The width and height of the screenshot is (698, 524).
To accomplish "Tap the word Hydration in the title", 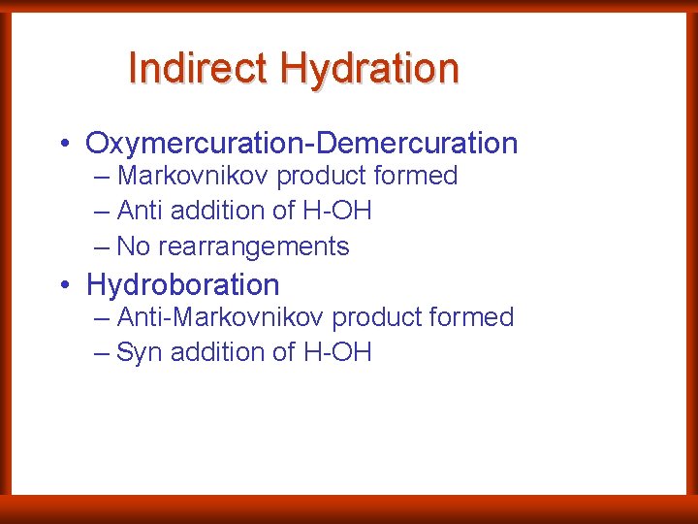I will (369, 69).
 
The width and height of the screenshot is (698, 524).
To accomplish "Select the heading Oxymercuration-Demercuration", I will (301, 144).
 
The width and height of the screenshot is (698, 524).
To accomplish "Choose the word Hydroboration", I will (182, 285).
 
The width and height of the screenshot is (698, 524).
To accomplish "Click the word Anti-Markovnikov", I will (223, 317).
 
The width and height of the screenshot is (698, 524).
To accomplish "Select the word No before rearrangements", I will (133, 246).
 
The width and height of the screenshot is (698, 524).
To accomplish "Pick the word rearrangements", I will (253, 246).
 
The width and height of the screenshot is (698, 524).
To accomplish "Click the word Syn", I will (139, 352).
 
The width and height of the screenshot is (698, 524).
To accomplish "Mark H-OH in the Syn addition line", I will (337, 352).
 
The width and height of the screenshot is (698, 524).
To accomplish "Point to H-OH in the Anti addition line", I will (337, 211).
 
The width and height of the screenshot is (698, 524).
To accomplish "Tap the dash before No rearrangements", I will (102, 246).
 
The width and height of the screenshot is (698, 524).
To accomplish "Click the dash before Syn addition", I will (102, 352).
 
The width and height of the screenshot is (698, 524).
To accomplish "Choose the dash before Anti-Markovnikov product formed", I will (102, 317).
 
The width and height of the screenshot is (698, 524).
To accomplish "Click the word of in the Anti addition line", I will (286, 211).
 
